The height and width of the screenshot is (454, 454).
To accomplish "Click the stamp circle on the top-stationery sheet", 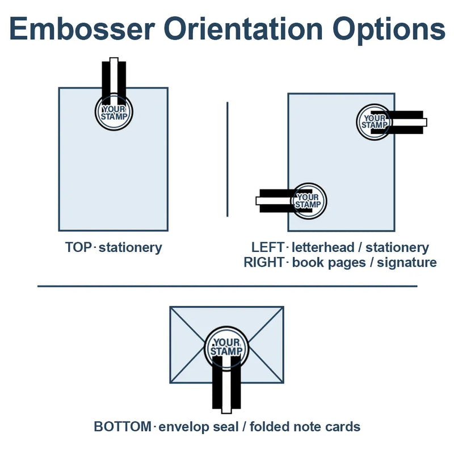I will [113, 112].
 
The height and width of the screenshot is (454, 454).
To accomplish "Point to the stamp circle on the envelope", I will [227, 347].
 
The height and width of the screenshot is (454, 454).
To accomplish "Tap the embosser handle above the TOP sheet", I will [113, 77].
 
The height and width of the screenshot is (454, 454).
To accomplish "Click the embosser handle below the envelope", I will [227, 389].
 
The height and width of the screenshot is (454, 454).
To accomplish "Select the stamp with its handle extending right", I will [373, 121].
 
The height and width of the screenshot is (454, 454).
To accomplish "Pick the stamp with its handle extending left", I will [309, 200].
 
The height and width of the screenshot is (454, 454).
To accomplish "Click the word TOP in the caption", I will [78, 247].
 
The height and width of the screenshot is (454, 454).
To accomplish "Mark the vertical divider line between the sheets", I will [228, 159].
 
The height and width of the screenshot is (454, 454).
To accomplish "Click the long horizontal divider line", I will [227, 286].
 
